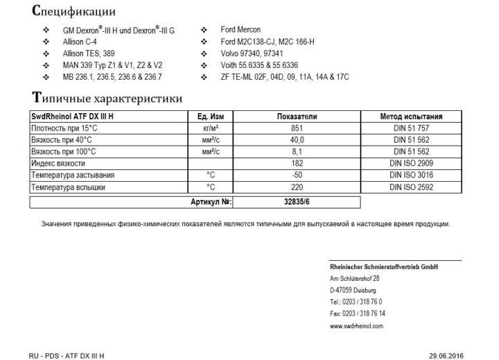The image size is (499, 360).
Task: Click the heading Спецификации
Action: (73, 12)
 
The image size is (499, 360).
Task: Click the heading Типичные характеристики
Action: (107, 98)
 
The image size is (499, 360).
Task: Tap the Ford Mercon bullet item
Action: (240, 30)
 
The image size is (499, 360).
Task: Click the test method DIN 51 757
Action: (412, 128)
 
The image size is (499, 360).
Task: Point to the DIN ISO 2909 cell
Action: (412, 164)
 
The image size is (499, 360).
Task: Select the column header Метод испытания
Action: (412, 117)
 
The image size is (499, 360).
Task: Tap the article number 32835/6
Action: (297, 202)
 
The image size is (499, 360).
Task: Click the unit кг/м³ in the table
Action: (210, 128)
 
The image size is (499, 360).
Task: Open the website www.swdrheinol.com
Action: (357, 325)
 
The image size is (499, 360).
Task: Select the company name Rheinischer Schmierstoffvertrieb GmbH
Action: (384, 267)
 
